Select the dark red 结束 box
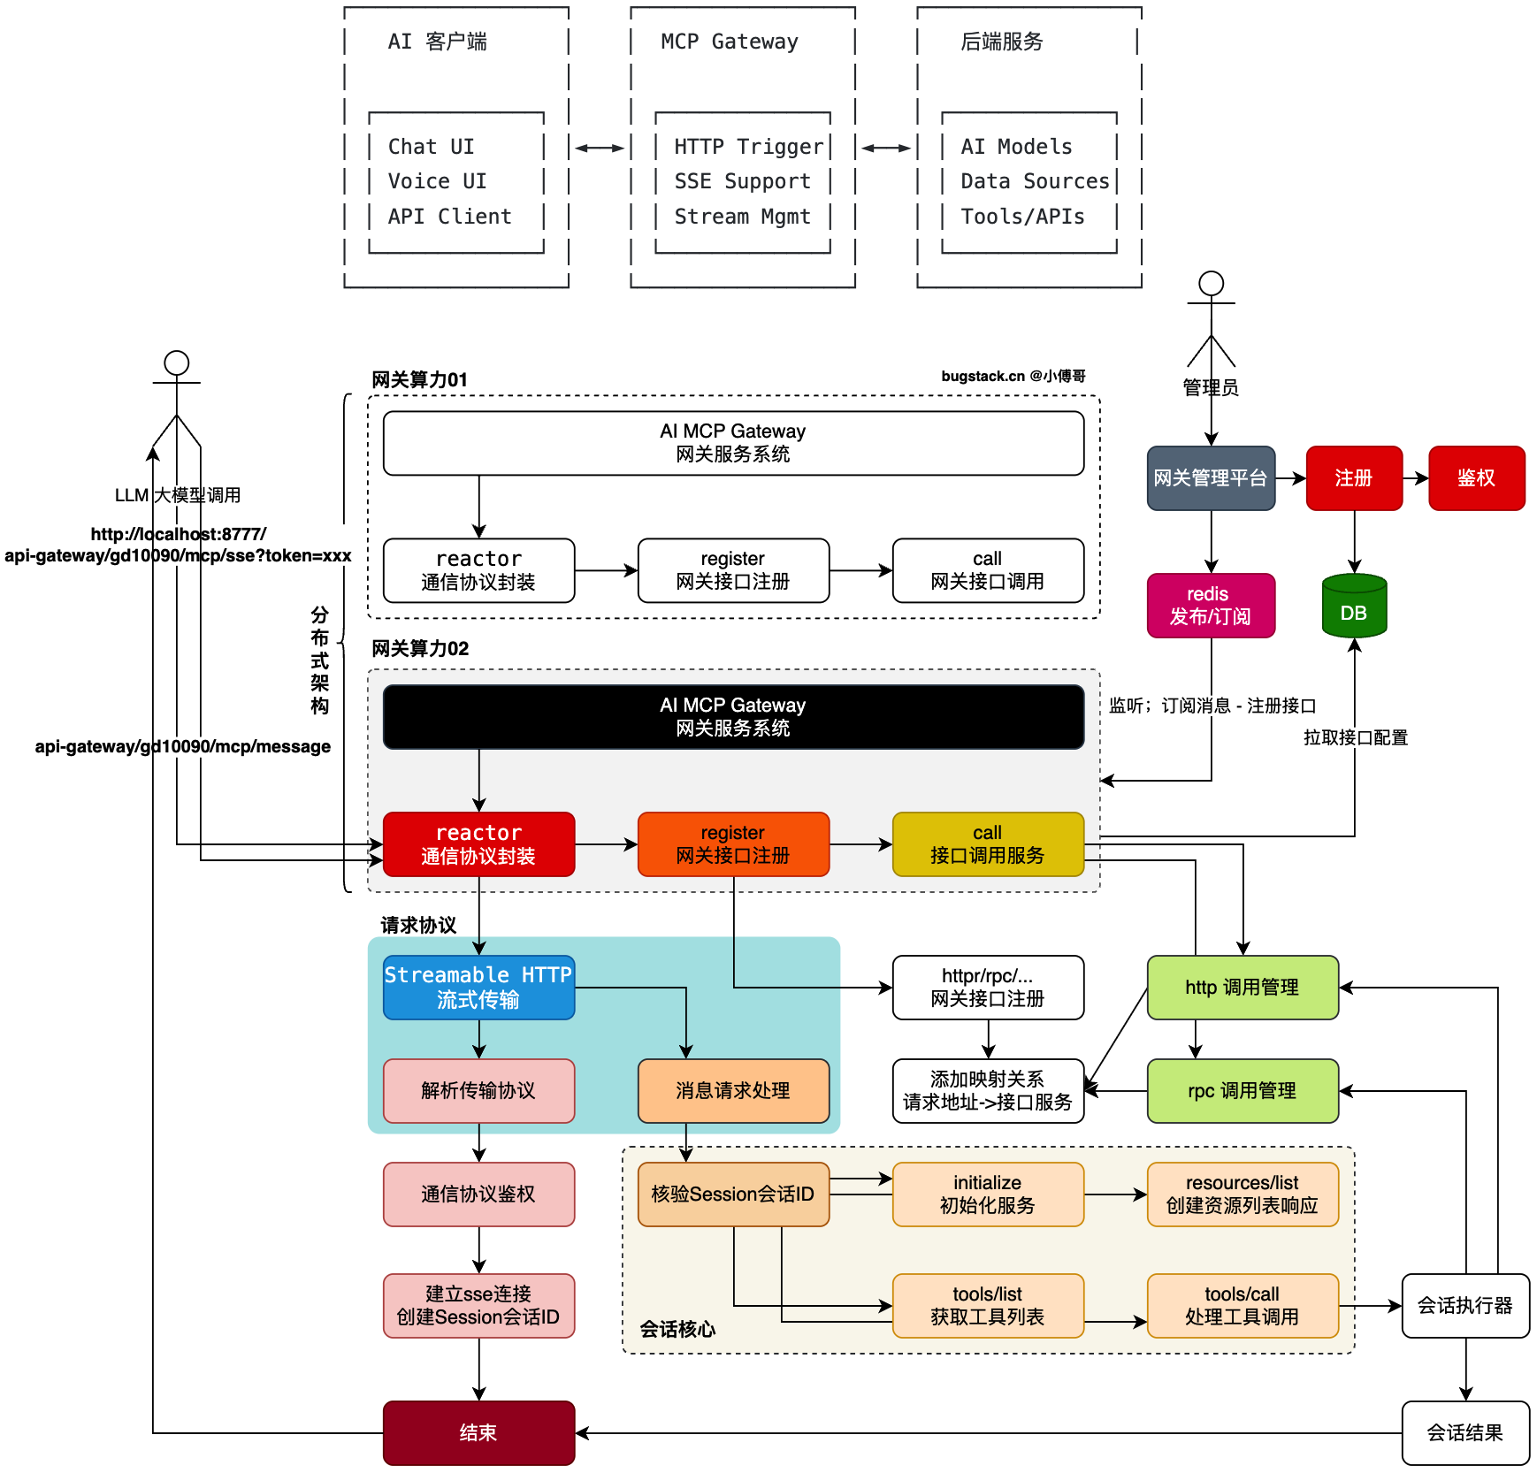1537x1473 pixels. pos(478,1432)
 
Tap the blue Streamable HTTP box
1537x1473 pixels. pos(478,988)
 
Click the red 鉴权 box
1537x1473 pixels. pos(1476,478)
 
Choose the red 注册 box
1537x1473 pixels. pos(1354,478)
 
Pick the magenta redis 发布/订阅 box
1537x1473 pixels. pos(1211,606)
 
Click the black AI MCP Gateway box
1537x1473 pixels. pos(733,717)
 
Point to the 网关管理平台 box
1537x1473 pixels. pos(1211,478)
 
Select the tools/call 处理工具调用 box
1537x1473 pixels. pos(1242,1306)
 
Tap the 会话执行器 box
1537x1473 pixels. pos(1465,1306)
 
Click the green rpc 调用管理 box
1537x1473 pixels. pos(1242,1091)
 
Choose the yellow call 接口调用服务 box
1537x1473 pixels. pos(988,844)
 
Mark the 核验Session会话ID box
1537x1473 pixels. pos(733,1194)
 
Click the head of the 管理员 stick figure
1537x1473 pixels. pos(1211,284)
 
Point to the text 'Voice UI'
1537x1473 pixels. pos(437,181)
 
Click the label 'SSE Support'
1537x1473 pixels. pos(742,181)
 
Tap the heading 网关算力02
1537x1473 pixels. pos(420,648)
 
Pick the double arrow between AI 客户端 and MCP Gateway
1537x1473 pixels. pos(600,148)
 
